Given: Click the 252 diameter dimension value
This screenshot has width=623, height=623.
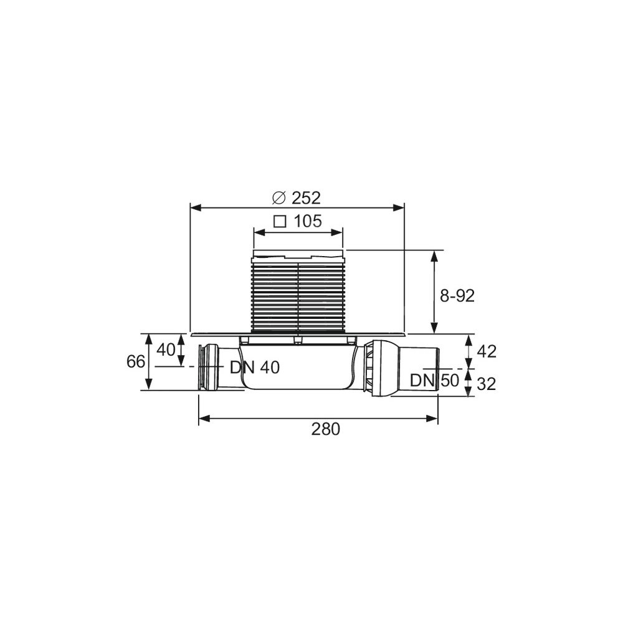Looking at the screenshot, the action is coord(306,198).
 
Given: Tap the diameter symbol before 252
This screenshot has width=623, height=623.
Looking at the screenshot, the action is coord(279,198).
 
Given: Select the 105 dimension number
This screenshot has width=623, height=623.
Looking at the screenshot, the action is coord(308,221).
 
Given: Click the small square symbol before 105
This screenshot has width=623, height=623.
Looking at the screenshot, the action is coord(280,221).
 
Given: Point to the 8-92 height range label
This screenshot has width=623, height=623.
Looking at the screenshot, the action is coord(457,295).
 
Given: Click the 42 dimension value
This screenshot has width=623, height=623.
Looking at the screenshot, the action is coord(487,351).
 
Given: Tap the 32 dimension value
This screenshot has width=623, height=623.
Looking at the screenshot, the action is coord(487,384).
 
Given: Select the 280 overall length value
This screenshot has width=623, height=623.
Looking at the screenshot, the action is coord(325,429).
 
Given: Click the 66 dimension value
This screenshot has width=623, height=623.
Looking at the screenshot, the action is coord(135,361).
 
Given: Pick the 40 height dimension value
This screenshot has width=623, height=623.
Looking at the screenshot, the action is coord(166,350).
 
